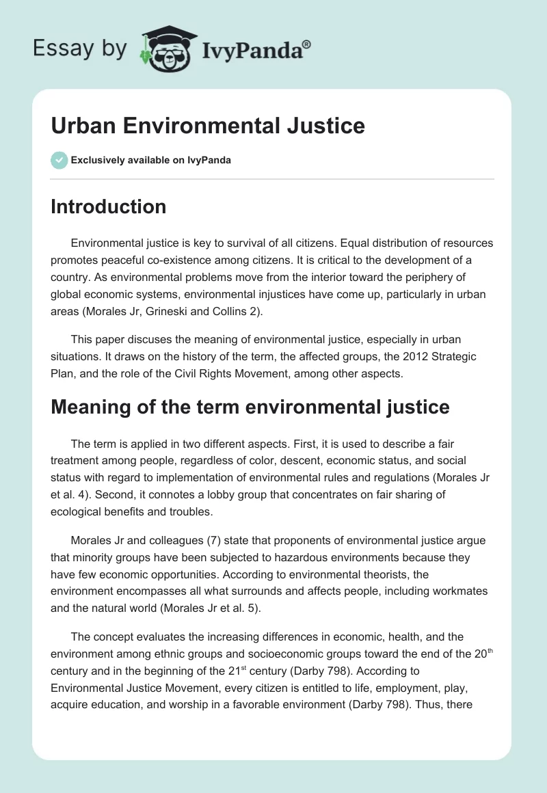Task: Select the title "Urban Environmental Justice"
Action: pyautogui.click(x=208, y=126)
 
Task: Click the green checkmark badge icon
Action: pyautogui.click(x=59, y=160)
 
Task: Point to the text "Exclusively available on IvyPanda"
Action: pyautogui.click(x=150, y=160)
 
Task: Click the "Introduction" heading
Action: pyautogui.click(x=108, y=206)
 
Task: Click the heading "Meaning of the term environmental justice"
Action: pyautogui.click(x=250, y=407)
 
